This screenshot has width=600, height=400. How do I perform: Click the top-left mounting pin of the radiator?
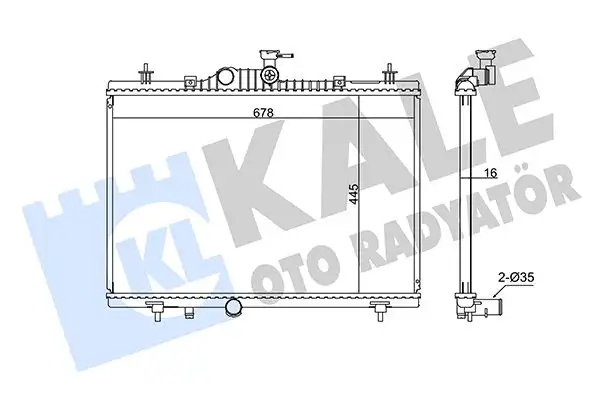coord(148,74)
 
